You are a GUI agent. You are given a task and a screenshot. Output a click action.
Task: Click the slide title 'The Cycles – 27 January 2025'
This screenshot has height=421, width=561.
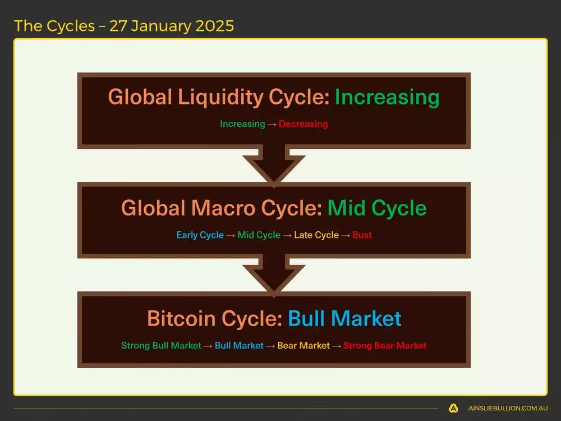[124, 26]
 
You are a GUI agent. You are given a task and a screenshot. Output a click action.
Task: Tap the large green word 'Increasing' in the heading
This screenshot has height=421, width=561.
[387, 97]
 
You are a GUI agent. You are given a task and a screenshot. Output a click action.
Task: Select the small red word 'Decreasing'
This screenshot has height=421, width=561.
[303, 124]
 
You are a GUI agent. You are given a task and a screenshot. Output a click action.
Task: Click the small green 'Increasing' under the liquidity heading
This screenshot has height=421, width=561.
[242, 124]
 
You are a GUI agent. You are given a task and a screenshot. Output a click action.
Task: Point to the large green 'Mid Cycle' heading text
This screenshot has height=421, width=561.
[377, 208]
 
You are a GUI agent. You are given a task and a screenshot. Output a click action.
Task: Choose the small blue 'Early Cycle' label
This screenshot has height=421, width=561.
[200, 235]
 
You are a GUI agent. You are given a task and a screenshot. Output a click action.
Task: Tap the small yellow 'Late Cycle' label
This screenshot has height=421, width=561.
[318, 235]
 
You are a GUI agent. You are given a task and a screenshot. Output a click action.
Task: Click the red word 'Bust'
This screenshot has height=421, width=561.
[362, 235]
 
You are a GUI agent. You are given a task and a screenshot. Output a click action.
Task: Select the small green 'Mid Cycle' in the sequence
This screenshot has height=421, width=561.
[259, 235]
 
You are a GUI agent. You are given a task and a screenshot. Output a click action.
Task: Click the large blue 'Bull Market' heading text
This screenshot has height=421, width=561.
[344, 319]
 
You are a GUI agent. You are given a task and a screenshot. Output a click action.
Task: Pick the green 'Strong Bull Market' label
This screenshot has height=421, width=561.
[161, 346]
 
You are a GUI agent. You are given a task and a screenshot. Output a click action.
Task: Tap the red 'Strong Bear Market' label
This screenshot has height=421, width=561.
[385, 346]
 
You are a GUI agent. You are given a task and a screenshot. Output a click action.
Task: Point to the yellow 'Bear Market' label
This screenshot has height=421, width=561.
[304, 346]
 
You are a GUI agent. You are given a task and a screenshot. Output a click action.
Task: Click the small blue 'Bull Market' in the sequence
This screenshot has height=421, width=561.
[239, 346]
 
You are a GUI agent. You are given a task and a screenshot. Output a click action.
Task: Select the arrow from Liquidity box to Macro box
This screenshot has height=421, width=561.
[274, 164]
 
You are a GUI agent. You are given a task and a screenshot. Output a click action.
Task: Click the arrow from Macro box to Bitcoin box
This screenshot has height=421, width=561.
[274, 275]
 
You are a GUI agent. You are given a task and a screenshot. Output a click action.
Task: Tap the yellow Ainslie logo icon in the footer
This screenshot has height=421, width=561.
[453, 408]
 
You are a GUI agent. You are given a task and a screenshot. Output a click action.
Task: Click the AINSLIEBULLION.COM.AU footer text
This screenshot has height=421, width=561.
[508, 408]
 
